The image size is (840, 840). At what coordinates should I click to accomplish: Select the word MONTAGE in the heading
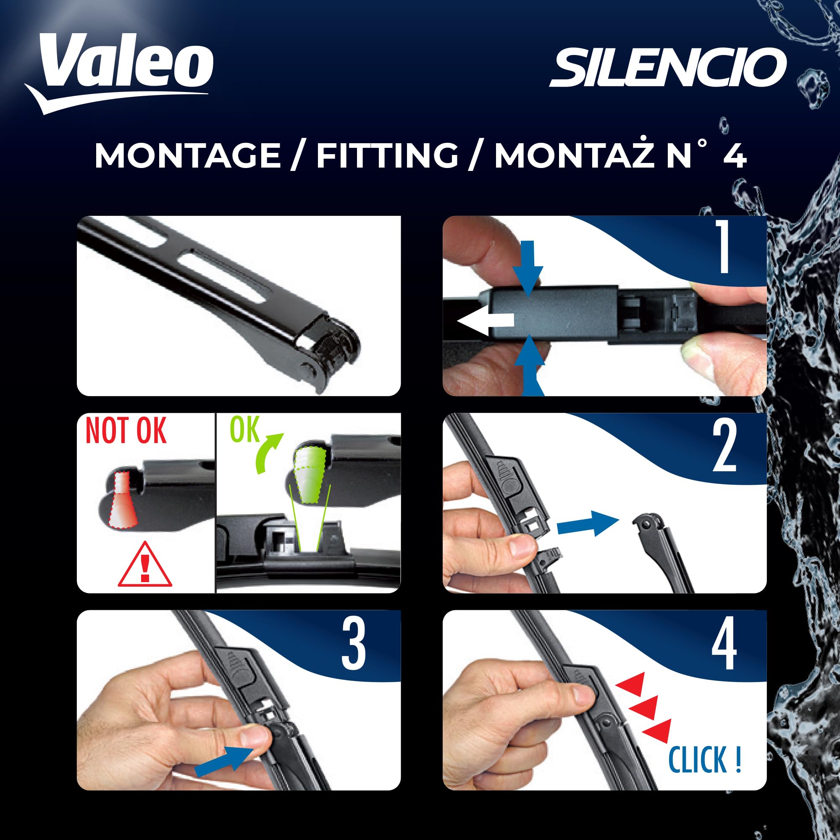(x=188, y=155)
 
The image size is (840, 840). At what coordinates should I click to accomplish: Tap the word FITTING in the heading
(x=387, y=155)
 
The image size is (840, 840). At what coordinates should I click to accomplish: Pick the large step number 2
(x=724, y=446)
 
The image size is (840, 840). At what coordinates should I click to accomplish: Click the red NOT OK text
(x=126, y=431)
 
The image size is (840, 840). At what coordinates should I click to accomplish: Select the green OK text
(x=244, y=430)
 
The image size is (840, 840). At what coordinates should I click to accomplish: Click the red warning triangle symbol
(x=145, y=567)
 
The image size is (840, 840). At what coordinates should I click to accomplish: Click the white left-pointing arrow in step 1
(x=485, y=321)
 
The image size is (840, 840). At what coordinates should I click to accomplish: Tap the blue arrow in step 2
(x=587, y=524)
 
